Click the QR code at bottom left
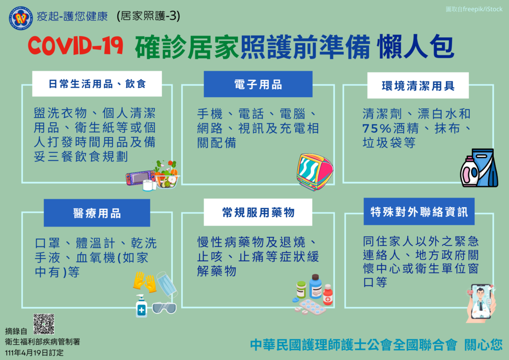44,324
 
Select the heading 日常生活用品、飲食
97,84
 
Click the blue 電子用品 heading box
258,85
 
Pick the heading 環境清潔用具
418,86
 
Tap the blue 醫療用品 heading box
97,213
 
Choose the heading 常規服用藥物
258,212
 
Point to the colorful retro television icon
315,172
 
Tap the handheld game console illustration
140,177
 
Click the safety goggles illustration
164,307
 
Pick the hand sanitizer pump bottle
141,306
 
